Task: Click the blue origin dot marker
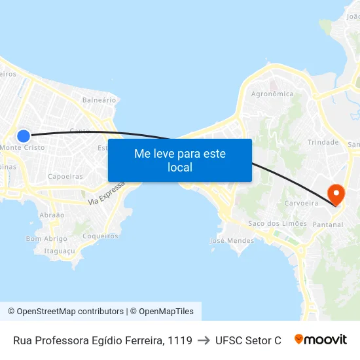24,136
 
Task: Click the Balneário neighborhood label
99,100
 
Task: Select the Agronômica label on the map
272,94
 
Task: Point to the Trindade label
323,142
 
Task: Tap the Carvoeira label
301,204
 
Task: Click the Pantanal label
327,225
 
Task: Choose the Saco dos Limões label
278,223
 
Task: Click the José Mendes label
231,241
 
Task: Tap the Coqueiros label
101,236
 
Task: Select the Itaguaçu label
60,251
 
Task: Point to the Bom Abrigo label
46,239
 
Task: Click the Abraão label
52,215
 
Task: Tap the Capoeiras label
65,176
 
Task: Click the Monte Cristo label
23,148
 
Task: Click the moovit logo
320,340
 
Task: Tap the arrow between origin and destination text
204,340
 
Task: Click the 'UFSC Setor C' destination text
248,340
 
